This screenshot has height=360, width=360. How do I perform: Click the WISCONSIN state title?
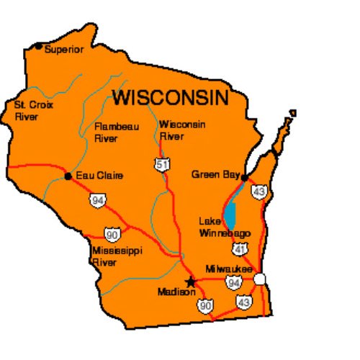pos(170,96)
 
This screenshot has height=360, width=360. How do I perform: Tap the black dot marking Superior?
pos(38,46)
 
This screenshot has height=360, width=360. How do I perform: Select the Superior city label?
pos(64,50)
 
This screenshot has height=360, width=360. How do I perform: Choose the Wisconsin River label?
pos(182,130)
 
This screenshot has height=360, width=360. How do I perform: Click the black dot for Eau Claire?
pos(68,176)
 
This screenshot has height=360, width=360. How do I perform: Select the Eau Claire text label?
pos(99,176)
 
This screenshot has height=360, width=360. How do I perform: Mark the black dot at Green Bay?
pos(245,176)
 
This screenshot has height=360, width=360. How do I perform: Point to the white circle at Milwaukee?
pos(260,278)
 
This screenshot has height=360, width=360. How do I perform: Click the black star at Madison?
pos(191,282)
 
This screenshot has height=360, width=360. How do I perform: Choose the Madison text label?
pos(175,292)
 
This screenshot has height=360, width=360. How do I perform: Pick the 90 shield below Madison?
pos(207,305)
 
